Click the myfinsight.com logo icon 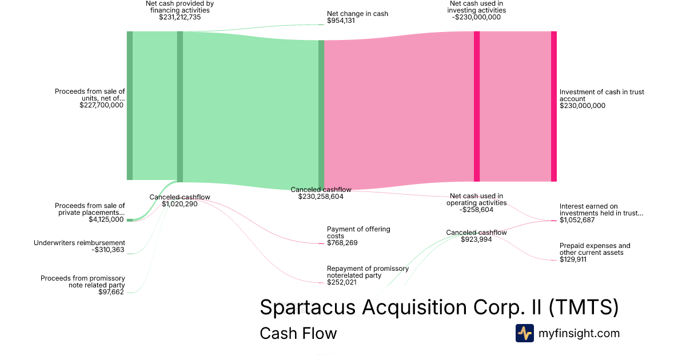click(525, 333)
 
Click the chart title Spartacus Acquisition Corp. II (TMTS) click(439, 307)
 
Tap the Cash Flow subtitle click(298, 333)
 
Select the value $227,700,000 click(101, 105)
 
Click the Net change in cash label click(357, 14)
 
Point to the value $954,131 click(341, 21)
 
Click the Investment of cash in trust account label click(602, 95)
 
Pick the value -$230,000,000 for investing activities click(476, 17)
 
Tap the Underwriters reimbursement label click(79, 243)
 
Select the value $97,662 click(111, 292)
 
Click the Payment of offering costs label click(358, 233)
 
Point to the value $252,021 click(342, 282)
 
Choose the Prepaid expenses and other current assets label click(595, 249)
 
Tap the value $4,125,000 click(106, 219)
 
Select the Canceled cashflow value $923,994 click(476, 239)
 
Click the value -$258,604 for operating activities click(476, 210)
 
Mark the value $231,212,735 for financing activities click(180, 17)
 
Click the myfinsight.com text click(579, 333)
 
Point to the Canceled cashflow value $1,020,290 click(180, 204)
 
